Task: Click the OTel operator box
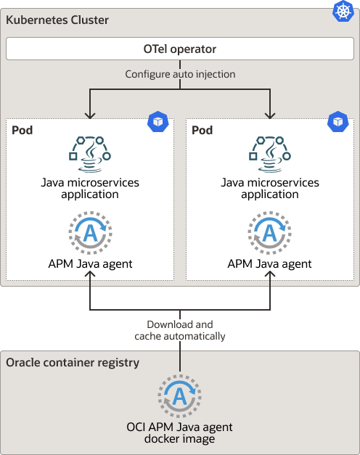point(180,50)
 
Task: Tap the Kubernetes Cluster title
point(57,20)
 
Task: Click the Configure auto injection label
point(180,74)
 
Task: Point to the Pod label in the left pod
point(22,130)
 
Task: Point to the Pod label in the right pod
point(202,130)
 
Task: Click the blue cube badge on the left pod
point(157,121)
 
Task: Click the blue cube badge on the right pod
point(337,121)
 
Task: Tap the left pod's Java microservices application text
point(90,188)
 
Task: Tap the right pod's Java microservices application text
point(270,188)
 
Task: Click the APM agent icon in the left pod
point(90,232)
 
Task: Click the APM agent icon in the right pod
point(270,232)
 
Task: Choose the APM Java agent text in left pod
point(90,264)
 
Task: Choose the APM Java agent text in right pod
point(270,264)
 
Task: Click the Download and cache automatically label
point(180,330)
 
